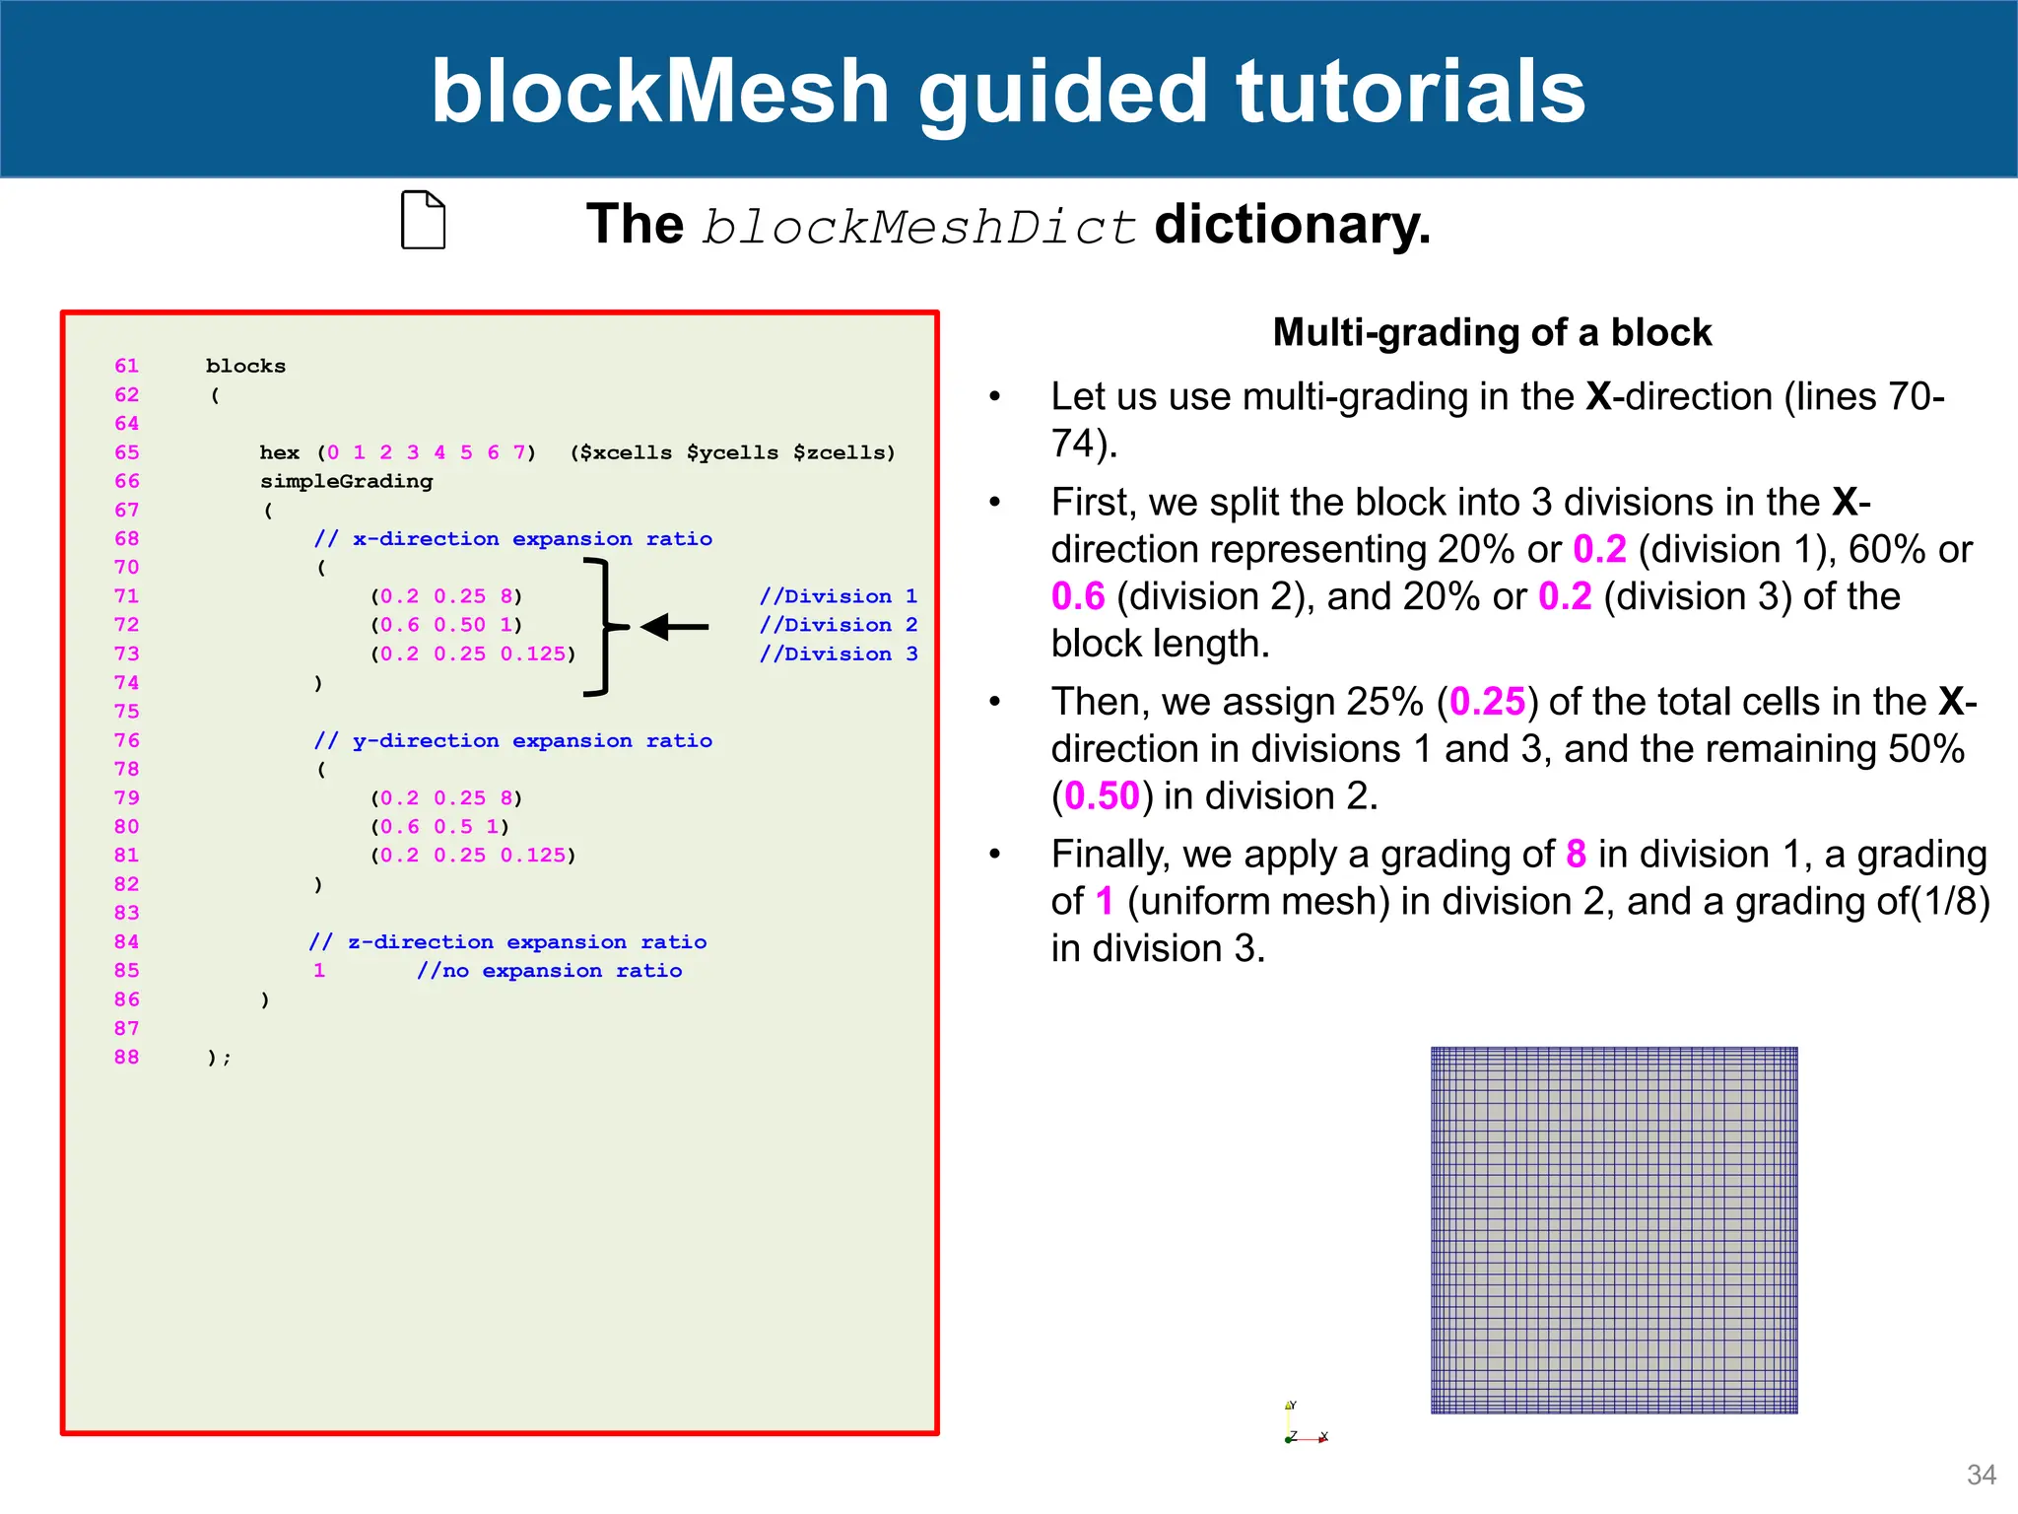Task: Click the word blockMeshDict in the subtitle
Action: click(x=918, y=227)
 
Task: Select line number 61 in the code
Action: click(x=126, y=366)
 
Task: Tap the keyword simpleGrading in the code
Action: click(x=346, y=481)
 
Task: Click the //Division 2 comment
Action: click(x=838, y=625)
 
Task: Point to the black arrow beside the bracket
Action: click(x=675, y=626)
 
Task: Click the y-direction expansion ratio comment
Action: click(x=513, y=740)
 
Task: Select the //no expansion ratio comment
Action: click(x=549, y=971)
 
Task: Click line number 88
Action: click(x=126, y=1057)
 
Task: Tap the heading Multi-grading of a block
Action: click(x=1492, y=333)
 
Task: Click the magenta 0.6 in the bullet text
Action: click(x=1078, y=596)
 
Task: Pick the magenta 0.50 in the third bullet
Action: click(x=1102, y=796)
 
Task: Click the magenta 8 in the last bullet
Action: click(x=1576, y=855)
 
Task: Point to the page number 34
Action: click(x=1981, y=1475)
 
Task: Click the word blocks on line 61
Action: click(x=245, y=366)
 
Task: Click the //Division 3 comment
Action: click(x=838, y=654)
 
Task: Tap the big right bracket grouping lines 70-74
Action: click(x=603, y=627)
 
